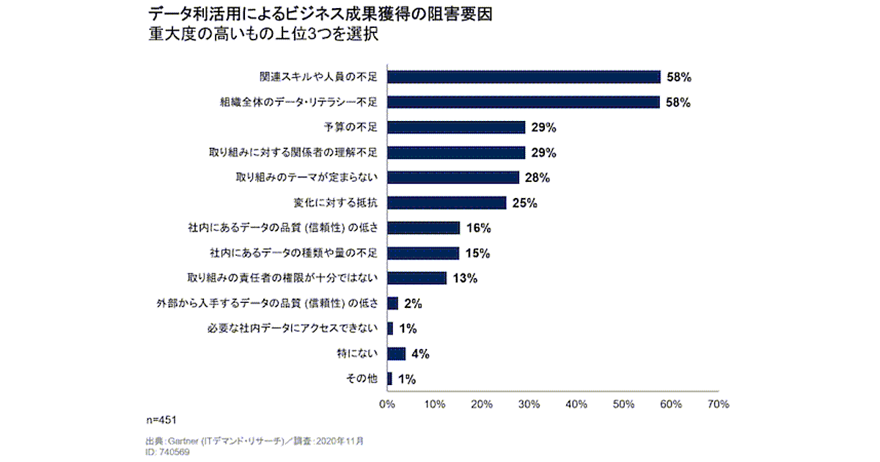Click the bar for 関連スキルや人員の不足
(x=524, y=77)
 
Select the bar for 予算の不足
(x=456, y=128)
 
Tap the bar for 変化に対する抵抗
(x=447, y=203)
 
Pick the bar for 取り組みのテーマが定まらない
(x=453, y=177)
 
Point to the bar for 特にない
(x=396, y=354)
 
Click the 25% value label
(x=524, y=203)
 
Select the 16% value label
(x=477, y=228)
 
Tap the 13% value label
(x=464, y=279)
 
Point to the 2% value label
(x=412, y=304)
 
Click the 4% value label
(x=420, y=354)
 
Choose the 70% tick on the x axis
(x=718, y=404)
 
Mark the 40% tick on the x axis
(x=576, y=404)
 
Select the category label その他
(x=362, y=379)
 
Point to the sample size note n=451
(x=161, y=419)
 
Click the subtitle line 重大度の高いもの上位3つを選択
(x=263, y=34)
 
